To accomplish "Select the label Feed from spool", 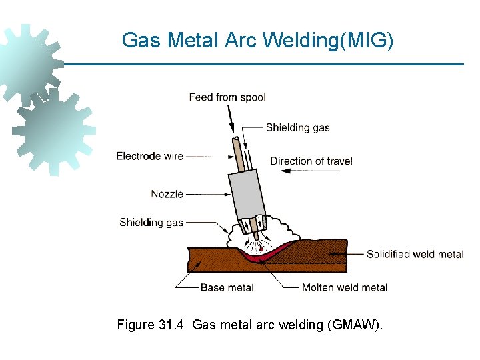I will click(227, 97).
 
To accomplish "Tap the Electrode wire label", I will click(149, 156).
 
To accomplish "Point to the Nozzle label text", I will click(167, 194).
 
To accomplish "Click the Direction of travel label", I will click(311, 161).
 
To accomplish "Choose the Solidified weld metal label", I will click(415, 254).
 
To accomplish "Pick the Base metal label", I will click(227, 287).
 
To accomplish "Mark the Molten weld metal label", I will click(345, 287).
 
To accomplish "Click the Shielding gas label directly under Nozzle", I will click(151, 223).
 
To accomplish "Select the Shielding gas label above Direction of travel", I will click(297, 127).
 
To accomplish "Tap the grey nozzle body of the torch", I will click(245, 193).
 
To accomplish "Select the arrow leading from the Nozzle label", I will click(207, 194).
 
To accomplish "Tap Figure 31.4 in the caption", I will click(151, 325).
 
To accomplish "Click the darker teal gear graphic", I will click(53, 130).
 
